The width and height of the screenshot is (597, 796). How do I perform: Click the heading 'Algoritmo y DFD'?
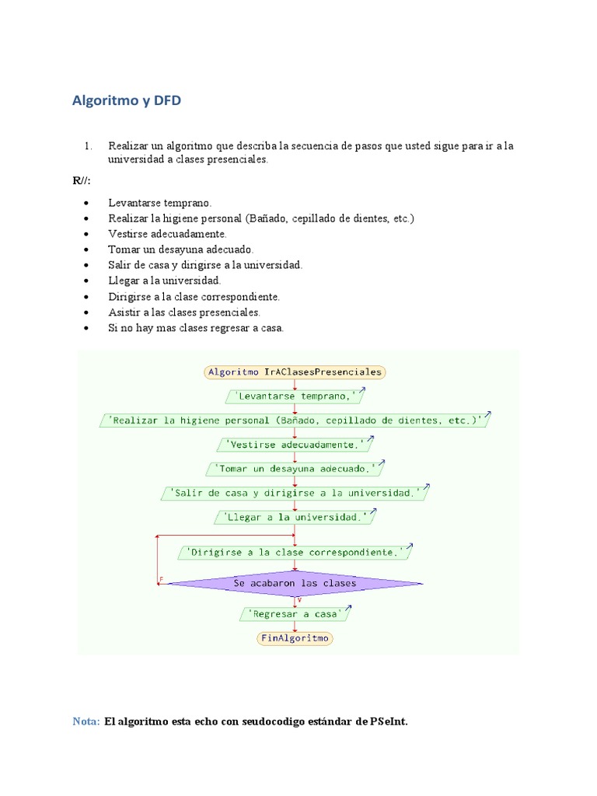point(127,100)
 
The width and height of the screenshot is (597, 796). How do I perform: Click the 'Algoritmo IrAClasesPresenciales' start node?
point(295,372)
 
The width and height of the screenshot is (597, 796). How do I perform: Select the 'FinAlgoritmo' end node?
point(295,638)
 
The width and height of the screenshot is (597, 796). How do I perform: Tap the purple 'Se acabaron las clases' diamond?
point(295,583)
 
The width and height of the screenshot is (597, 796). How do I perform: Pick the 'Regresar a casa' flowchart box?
point(295,614)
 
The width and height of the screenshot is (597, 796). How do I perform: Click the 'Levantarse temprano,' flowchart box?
point(295,396)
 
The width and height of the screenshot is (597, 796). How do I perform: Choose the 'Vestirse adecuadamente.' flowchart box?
point(295,445)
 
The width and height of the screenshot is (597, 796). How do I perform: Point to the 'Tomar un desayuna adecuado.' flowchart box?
point(295,470)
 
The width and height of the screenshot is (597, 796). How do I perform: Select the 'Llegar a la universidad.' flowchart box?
point(295,517)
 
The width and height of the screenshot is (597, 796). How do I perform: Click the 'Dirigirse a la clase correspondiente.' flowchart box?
point(295,553)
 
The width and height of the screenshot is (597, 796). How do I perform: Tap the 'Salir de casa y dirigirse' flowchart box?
point(295,494)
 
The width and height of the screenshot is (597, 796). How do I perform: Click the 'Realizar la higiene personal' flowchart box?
point(295,421)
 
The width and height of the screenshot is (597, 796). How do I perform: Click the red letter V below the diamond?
point(299,600)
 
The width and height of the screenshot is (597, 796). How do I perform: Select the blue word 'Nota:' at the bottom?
point(86,721)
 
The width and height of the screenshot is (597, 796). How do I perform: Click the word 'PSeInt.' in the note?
point(388,721)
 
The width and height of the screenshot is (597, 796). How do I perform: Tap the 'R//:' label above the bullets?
point(82,181)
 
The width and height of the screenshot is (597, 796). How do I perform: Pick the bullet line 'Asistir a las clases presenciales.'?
point(184,312)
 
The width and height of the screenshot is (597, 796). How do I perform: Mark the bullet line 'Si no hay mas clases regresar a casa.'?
point(196,328)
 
